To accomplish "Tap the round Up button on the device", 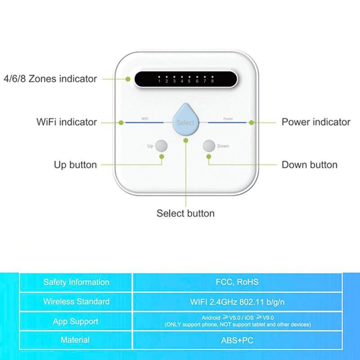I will pos(161,146).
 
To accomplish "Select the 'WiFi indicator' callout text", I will pos(67,122).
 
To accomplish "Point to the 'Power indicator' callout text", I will pos(316,122).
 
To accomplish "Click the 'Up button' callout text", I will pos(75,165).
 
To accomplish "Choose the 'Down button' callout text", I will pos(310,165).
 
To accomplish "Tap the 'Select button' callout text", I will pos(185,213).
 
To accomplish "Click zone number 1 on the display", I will pos(159,81).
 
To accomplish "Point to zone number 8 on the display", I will pos(212,81).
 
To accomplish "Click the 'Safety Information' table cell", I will pos(76,283).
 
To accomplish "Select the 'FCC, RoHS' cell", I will pos(237,283).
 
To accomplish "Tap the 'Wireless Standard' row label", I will pos(76,301).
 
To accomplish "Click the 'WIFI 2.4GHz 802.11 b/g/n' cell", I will pos(237,301).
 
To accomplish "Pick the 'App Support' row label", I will pos(76,321).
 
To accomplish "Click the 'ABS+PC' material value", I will pos(237,341).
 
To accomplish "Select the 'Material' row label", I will pos(75,340).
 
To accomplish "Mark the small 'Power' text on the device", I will pos(228,119).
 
